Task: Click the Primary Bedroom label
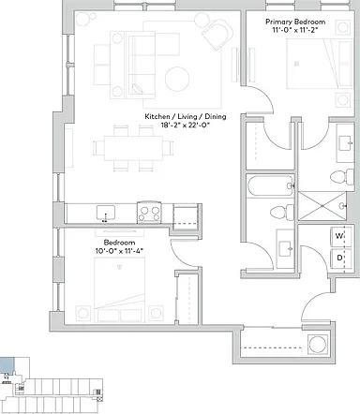[295, 22]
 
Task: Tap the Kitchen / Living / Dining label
[186, 117]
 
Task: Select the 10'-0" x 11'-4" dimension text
[120, 250]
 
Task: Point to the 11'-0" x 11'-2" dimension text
[295, 30]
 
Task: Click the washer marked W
[341, 236]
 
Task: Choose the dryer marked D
[341, 258]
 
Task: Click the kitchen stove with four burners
[149, 212]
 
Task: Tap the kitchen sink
[106, 213]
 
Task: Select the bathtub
[271, 185]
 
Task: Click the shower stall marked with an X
[322, 206]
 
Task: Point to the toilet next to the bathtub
[282, 213]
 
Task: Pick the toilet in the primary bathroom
[342, 177]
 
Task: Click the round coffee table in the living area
[177, 79]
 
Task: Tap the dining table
[133, 148]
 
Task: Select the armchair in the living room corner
[217, 33]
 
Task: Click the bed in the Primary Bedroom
[320, 64]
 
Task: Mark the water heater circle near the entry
[318, 344]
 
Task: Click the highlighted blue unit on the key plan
[7, 365]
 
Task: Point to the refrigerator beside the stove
[186, 215]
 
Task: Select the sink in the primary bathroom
[346, 143]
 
